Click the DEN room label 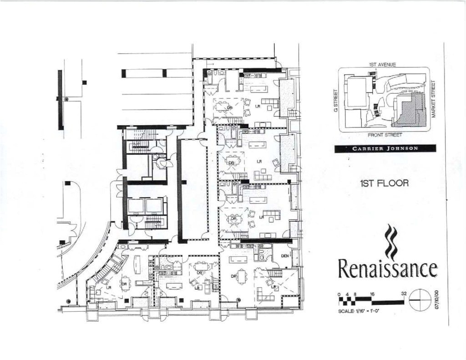tap(285, 256)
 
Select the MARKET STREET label tap(434, 99)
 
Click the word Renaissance tap(387, 269)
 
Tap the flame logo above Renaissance tap(390, 241)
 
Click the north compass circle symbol tap(420, 299)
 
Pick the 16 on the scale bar tap(372, 294)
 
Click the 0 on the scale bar tap(339, 294)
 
